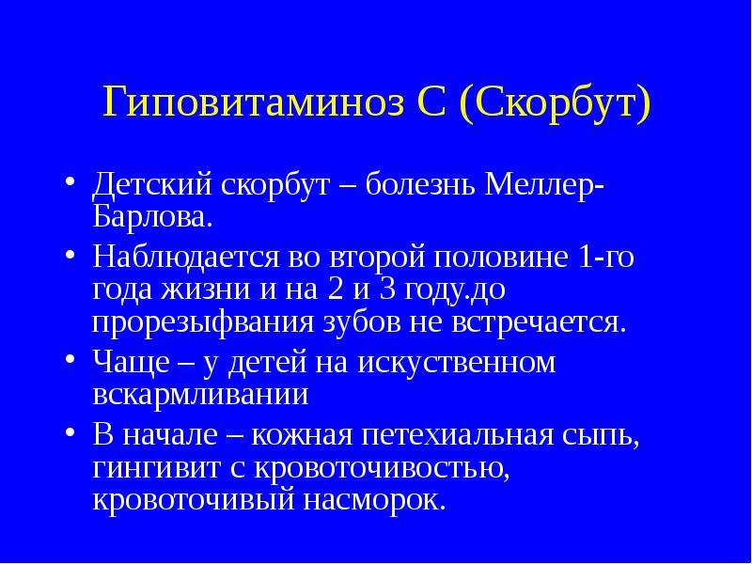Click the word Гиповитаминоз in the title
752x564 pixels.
[x=254, y=102]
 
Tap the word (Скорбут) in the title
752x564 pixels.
[x=555, y=103]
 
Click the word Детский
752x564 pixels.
[x=152, y=185]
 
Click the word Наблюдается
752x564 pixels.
[x=185, y=257]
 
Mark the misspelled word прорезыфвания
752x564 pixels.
[x=203, y=324]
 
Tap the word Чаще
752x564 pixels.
[x=131, y=362]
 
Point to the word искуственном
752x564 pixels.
[x=457, y=364]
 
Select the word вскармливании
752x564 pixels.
[x=200, y=395]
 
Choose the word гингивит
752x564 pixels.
[x=156, y=468]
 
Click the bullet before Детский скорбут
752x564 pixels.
[x=71, y=183]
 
